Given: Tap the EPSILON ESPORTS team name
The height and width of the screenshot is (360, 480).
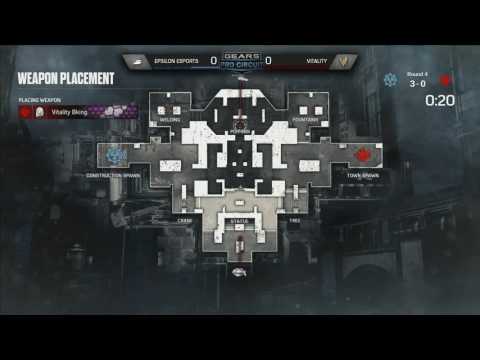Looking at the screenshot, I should click(175, 60).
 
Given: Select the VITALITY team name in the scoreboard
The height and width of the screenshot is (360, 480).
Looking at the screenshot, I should click(301, 60).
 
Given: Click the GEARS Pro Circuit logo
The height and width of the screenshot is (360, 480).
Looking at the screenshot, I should click(240, 60).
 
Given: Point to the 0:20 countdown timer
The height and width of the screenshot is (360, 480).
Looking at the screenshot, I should click(440, 100).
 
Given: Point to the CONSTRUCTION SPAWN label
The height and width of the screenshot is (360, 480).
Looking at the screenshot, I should click(113, 175).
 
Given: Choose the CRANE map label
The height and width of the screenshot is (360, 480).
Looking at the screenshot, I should click(184, 219).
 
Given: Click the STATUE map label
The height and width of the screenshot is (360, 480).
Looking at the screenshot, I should click(239, 220).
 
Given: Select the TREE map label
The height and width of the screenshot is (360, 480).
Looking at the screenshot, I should click(294, 219).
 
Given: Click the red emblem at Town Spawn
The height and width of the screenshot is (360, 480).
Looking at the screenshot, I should click(362, 155).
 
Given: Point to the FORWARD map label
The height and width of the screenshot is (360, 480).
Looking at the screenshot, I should click(239, 130).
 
